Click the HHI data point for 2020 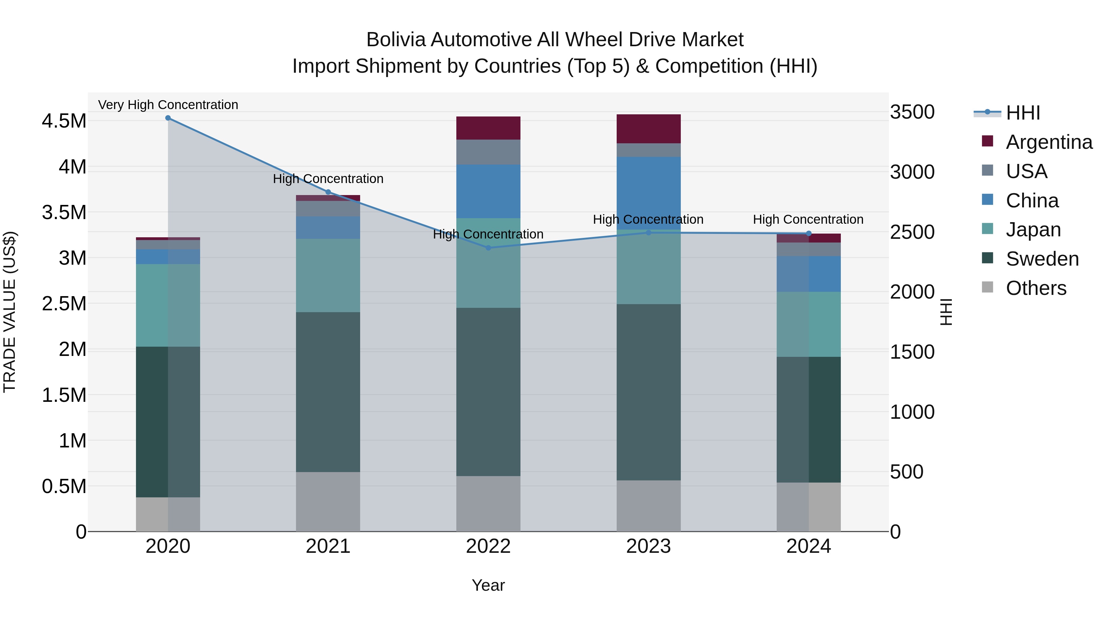pyautogui.click(x=168, y=118)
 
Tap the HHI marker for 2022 pyautogui.click(x=488, y=248)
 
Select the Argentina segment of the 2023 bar pyautogui.click(x=648, y=129)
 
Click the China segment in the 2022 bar pyautogui.click(x=488, y=191)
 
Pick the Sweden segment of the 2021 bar pyautogui.click(x=328, y=392)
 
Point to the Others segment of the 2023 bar pyautogui.click(x=648, y=506)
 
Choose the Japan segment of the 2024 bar pyautogui.click(x=808, y=324)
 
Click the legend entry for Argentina pyautogui.click(x=1049, y=142)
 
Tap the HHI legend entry pyautogui.click(x=1023, y=113)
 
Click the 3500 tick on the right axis pyautogui.click(x=912, y=112)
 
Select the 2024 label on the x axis pyautogui.click(x=808, y=546)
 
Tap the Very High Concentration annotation pyautogui.click(x=168, y=105)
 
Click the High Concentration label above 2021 pyautogui.click(x=328, y=179)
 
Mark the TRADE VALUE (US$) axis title pyautogui.click(x=10, y=312)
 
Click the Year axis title pyautogui.click(x=488, y=585)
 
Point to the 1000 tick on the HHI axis pyautogui.click(x=912, y=412)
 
